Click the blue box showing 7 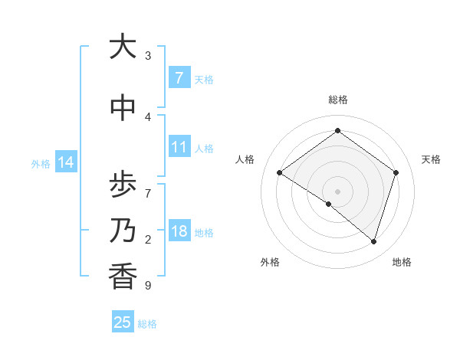pos(179,77)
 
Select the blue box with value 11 pos(179,147)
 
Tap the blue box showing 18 pos(179,231)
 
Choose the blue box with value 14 pos(66,162)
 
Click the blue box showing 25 pos(123,322)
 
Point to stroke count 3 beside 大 pos(148,56)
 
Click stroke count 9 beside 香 pos(148,286)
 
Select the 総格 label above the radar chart pos(337,100)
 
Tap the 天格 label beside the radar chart pos(431,159)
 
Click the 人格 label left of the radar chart pos(245,159)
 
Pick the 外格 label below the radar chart pos(270,262)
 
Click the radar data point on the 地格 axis pos(373,241)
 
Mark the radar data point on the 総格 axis pos(337,131)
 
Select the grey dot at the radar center pos(337,191)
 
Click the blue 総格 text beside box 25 pos(147,324)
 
